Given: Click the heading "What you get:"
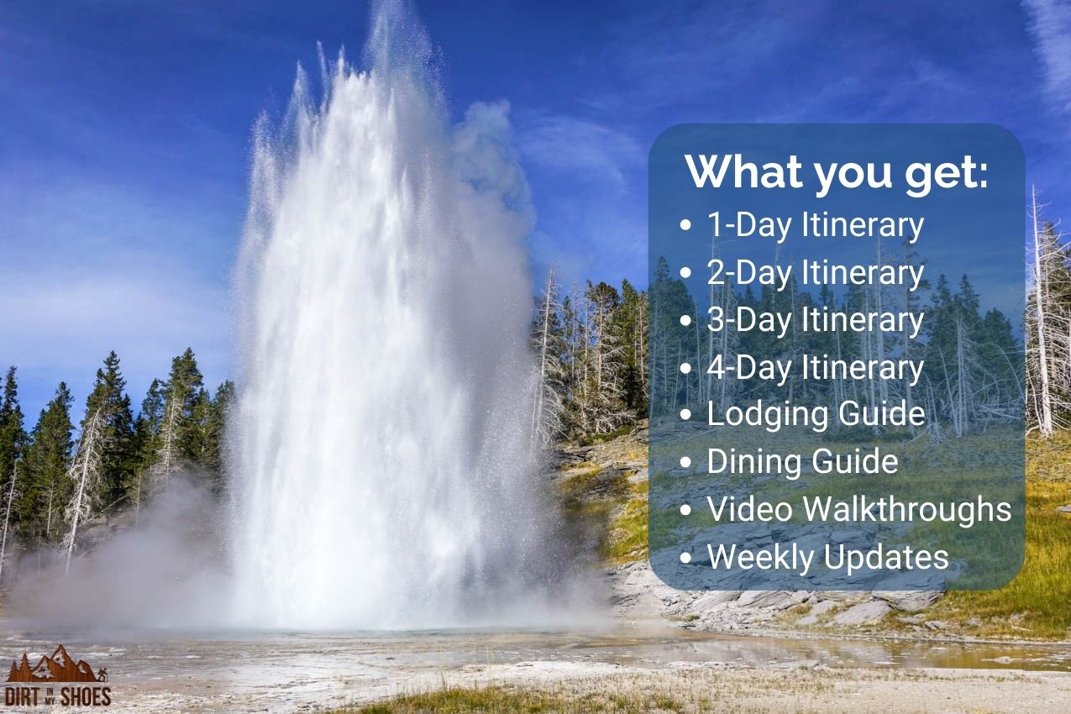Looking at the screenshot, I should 837,171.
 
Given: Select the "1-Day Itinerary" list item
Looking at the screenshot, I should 815,225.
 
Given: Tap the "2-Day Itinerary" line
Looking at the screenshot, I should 815,273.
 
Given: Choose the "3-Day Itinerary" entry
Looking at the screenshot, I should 815,320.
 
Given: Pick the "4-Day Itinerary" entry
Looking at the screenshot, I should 815,368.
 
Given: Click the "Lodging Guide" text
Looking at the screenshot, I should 816,414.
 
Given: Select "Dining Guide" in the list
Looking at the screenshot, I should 802,461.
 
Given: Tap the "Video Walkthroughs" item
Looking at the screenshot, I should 858,509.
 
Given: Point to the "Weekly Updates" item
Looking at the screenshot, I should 827,557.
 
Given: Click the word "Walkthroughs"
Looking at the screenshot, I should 906,509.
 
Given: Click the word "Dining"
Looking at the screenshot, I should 748,461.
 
